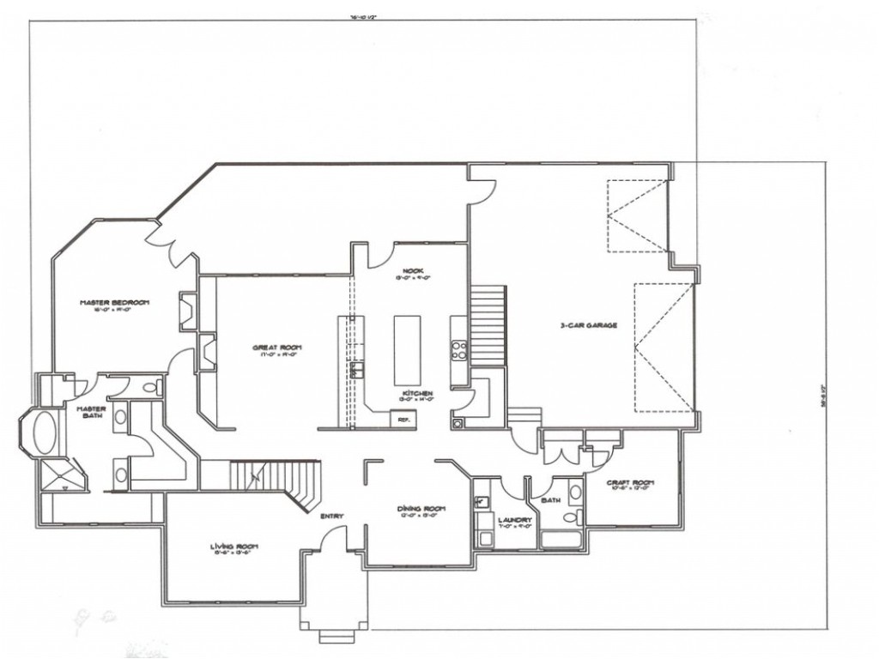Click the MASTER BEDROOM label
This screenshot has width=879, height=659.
point(115,303)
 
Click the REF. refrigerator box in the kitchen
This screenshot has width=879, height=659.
point(402,420)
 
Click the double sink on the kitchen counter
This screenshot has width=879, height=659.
point(353,370)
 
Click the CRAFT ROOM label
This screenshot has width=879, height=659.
point(631,483)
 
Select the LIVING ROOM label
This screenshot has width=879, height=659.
point(234,547)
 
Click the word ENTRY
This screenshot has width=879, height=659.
point(332,516)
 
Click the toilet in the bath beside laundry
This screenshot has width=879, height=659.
point(575,493)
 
